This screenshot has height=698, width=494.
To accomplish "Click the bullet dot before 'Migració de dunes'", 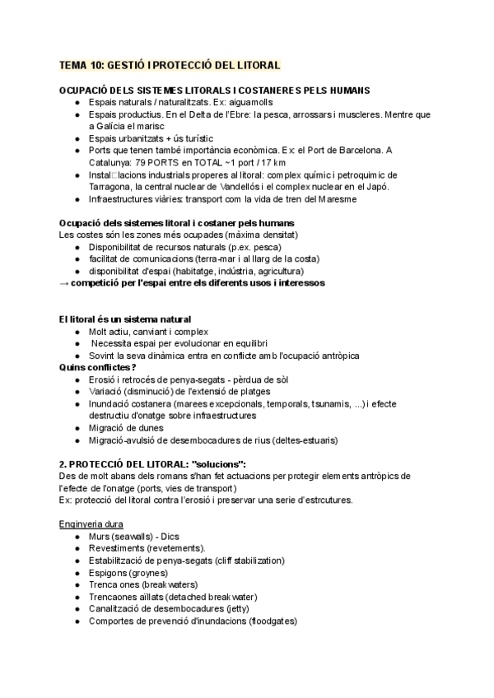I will click(76, 428).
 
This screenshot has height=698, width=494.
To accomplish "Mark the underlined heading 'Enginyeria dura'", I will click(91, 524).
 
